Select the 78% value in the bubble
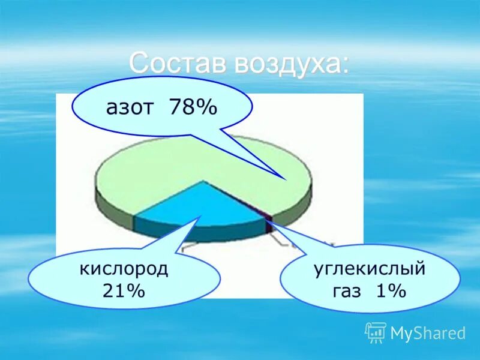[x=193, y=108]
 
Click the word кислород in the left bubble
[x=124, y=268]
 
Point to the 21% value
[x=124, y=292]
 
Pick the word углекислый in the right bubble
[x=370, y=268]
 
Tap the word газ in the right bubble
[x=347, y=292]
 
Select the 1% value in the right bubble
[x=391, y=292]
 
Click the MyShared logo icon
[x=376, y=332]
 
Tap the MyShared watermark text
[x=428, y=333]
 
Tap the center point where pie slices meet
[x=204, y=181]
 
